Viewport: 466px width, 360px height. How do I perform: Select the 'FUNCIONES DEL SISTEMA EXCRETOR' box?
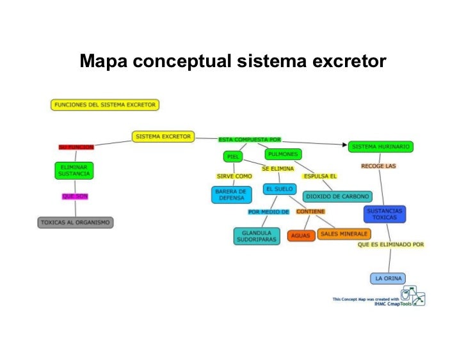(104, 104)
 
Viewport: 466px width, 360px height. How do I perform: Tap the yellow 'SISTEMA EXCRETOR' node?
(163, 136)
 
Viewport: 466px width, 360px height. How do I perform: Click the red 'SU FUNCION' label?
(76, 147)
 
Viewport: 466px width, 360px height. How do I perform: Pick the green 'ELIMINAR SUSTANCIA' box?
(74, 170)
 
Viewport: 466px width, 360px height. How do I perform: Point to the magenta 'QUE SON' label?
(75, 196)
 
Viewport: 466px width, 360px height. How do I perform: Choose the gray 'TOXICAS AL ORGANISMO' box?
(76, 223)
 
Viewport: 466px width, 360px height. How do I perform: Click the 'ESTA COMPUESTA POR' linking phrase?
(249, 139)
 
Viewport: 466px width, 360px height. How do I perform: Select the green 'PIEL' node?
(232, 156)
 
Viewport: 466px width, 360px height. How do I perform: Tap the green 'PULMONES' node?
(282, 154)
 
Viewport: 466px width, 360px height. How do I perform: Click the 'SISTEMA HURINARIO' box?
(380, 146)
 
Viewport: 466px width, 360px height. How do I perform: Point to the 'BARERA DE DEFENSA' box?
(231, 194)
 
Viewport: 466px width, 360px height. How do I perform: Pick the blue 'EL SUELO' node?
(279, 189)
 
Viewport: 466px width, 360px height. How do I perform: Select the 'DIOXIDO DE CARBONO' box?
(337, 196)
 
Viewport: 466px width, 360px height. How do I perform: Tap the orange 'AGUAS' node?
(300, 235)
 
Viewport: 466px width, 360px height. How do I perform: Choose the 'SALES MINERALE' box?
(344, 234)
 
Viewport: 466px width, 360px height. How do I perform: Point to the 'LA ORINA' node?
(388, 278)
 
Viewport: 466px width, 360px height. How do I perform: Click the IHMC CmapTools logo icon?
(412, 295)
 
